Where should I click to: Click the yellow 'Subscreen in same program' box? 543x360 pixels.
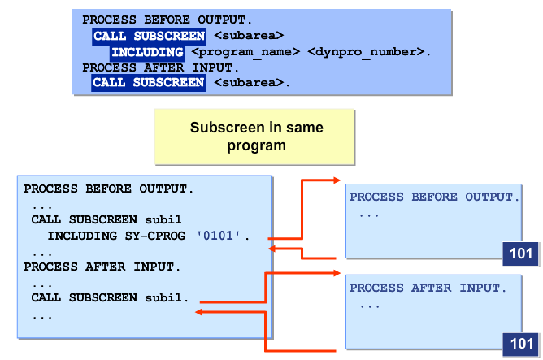tap(256, 137)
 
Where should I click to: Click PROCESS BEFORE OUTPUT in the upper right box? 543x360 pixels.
tap(432, 197)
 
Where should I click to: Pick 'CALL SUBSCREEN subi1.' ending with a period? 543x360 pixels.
tap(110, 297)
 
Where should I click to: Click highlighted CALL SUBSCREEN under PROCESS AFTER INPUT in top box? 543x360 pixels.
tap(148, 83)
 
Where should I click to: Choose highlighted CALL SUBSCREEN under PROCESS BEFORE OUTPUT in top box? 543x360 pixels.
tap(148, 36)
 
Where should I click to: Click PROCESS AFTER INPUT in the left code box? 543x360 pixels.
tap(102, 267)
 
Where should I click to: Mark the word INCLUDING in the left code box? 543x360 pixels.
tap(80, 236)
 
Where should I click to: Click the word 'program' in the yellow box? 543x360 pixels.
tap(256, 145)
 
